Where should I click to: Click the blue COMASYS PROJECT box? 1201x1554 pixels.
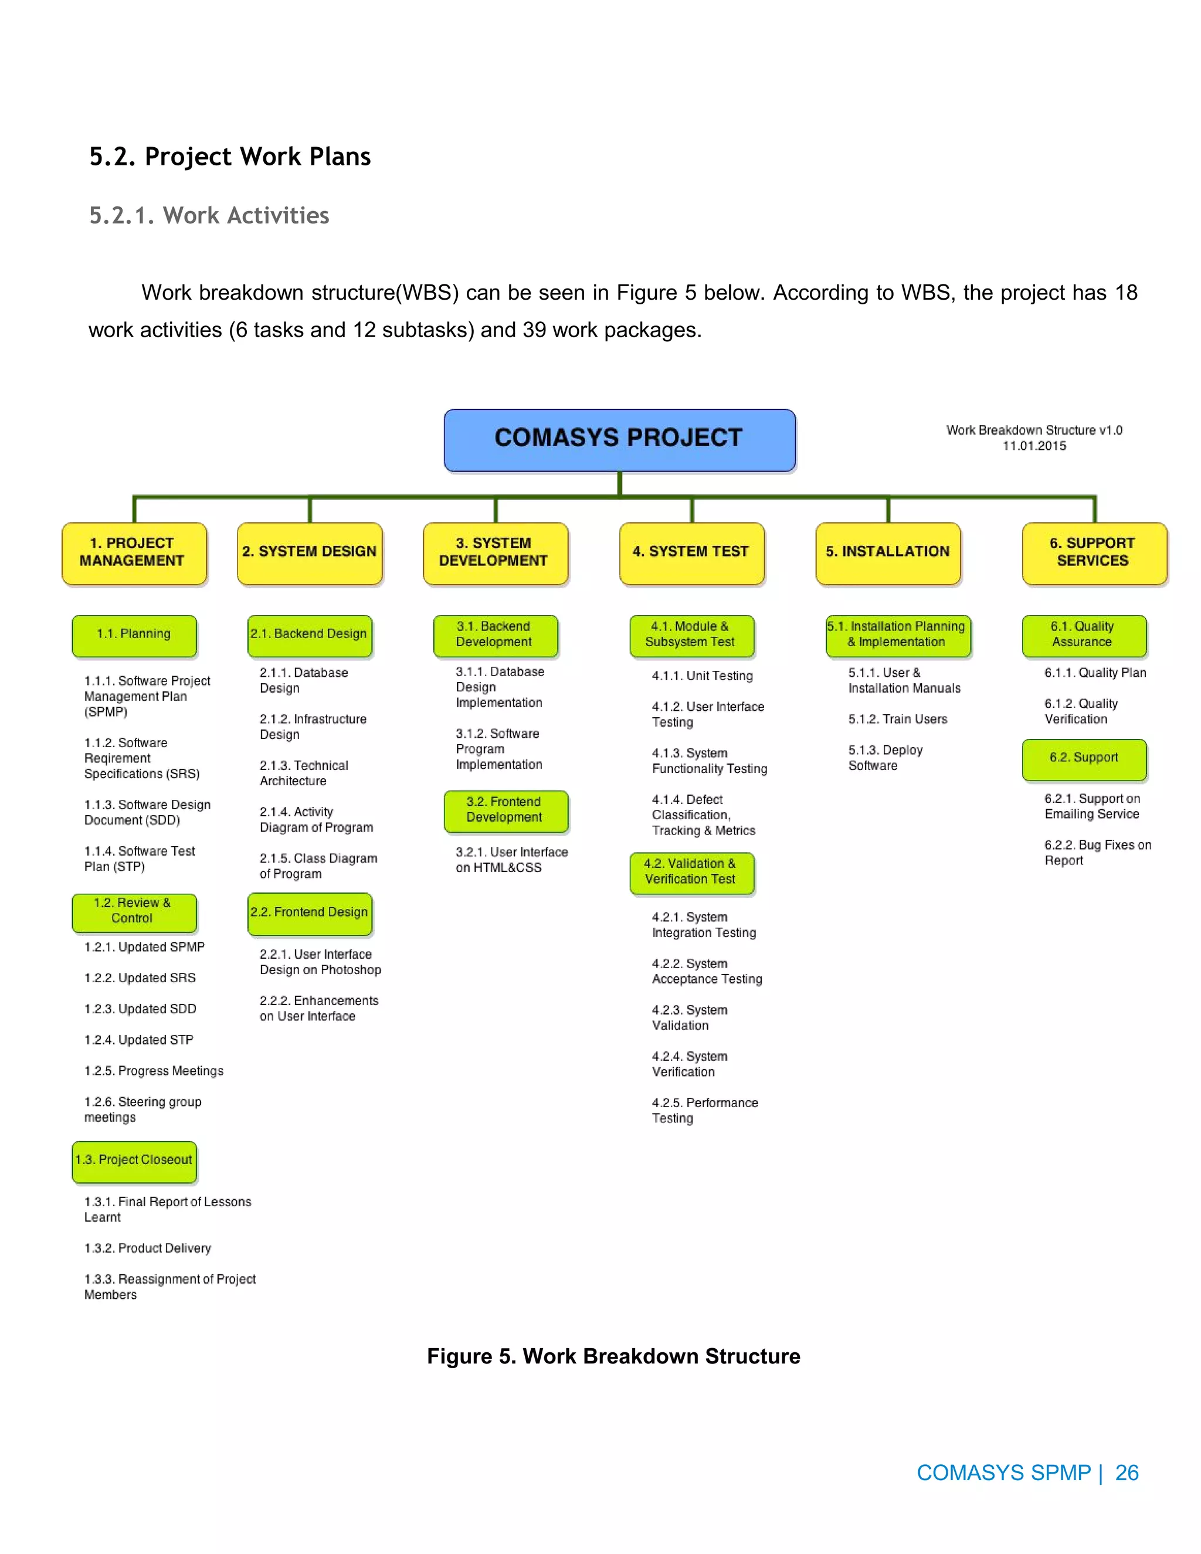(x=619, y=439)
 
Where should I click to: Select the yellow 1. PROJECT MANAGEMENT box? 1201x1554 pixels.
(x=134, y=553)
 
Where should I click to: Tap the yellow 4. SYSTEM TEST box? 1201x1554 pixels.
(x=691, y=553)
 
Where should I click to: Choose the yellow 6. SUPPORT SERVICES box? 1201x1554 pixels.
(x=1094, y=553)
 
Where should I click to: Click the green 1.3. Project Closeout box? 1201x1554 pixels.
(x=134, y=1161)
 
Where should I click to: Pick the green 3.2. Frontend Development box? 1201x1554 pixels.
(x=505, y=810)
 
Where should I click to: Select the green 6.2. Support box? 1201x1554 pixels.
(x=1084, y=758)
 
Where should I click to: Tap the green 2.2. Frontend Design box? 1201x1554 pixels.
(x=310, y=913)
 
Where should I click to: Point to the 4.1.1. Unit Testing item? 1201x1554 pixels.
(x=702, y=676)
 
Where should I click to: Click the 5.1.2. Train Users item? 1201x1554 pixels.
(x=897, y=720)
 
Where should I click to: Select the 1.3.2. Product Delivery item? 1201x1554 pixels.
(x=147, y=1248)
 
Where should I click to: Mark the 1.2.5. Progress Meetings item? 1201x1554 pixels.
(x=154, y=1071)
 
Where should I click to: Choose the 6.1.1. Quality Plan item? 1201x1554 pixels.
(x=1095, y=673)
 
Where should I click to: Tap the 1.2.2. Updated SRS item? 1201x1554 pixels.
(x=140, y=978)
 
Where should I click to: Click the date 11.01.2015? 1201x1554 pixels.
(x=1034, y=446)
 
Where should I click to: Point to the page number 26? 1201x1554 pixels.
(x=1127, y=1473)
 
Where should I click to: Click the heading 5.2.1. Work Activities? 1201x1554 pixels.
(x=209, y=216)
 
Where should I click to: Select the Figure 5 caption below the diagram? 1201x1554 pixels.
(x=613, y=1357)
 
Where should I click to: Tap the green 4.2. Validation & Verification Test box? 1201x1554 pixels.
(x=691, y=873)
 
